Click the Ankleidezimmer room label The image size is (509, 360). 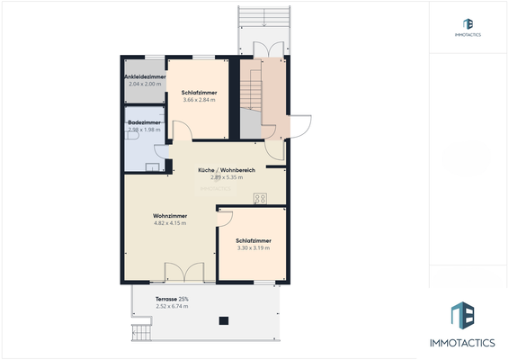pos(144,76)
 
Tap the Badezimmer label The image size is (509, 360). pos(144,122)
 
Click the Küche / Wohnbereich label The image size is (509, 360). pos(228,169)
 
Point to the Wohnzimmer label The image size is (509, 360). pos(169,215)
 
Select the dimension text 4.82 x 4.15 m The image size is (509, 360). pos(169,223)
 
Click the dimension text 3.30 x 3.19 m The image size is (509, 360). pos(254,248)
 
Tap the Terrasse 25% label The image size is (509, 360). pos(172,298)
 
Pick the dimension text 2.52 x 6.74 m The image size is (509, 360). pos(172,306)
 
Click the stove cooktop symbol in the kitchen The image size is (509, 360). pos(260,198)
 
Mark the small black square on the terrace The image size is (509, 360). pos(222,321)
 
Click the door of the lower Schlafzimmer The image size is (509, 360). pos(225,218)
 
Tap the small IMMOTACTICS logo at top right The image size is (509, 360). pos(467,26)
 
